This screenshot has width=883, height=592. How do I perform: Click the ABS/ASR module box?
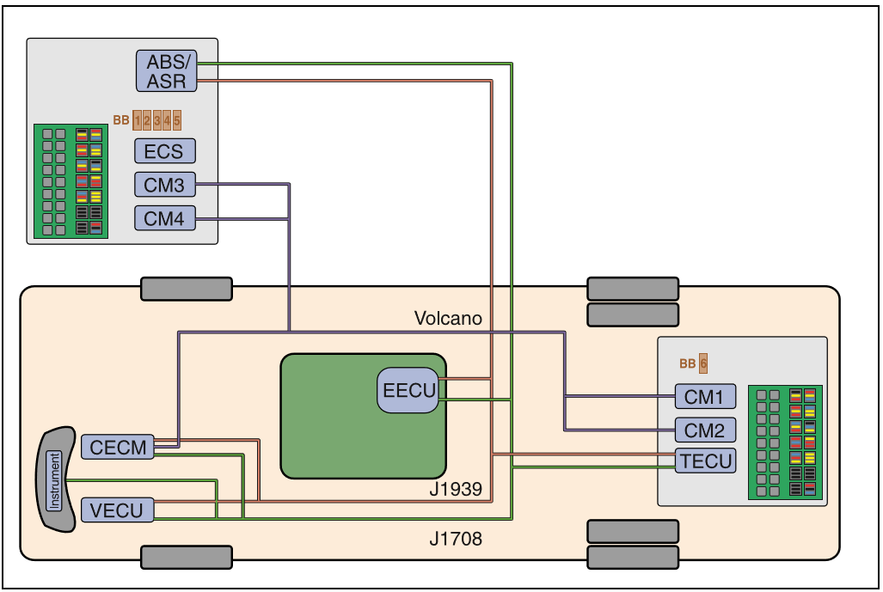coord(166,70)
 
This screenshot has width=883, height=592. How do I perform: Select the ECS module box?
coord(164,151)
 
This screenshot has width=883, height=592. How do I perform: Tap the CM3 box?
coord(164,185)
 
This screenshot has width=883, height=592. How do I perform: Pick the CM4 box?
coord(164,218)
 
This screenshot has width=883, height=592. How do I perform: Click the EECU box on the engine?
coord(408,390)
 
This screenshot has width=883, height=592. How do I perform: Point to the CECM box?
coord(118,447)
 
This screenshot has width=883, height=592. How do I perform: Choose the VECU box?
coord(118,510)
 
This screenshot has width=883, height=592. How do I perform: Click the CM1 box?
coord(705,397)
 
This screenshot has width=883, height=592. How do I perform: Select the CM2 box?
coord(705,430)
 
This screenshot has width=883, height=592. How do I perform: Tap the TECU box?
coord(705,461)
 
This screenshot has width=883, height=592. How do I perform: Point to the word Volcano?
coord(448,319)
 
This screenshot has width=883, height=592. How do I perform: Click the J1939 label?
coord(456,491)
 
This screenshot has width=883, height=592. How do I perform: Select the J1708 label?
coord(456,540)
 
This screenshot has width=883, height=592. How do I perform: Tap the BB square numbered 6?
coord(703,363)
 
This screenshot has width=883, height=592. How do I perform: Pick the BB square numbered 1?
coord(138,120)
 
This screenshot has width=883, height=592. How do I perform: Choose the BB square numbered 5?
coord(177,120)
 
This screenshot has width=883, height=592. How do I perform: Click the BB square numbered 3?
coord(157,120)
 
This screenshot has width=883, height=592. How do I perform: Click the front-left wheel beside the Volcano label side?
coord(187,289)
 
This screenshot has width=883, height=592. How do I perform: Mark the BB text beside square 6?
coord(688,363)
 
